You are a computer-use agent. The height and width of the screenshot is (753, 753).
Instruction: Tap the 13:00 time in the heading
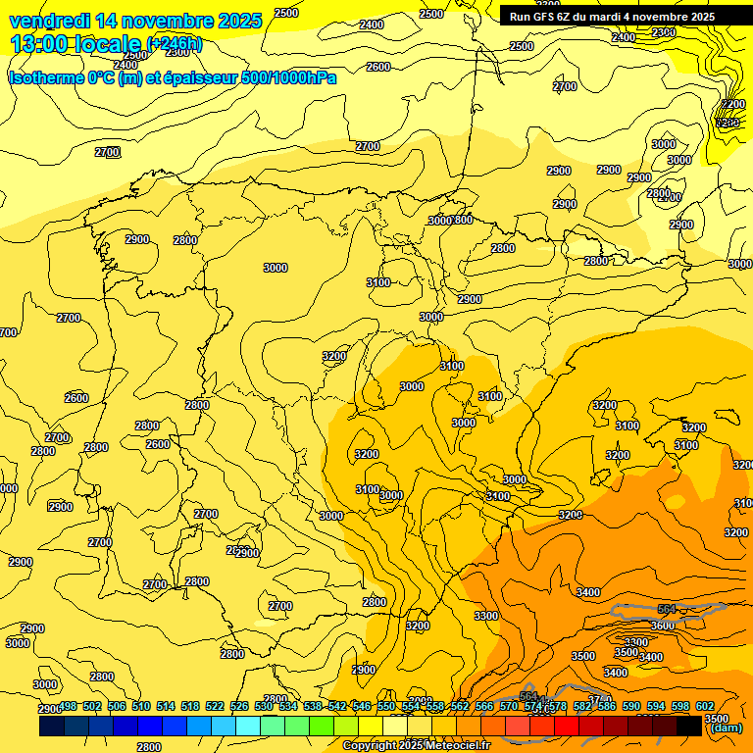[x=37, y=44]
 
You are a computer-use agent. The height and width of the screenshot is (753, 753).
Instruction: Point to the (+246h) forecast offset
[x=175, y=44]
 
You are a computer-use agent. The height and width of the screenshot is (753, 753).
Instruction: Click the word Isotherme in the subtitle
[x=47, y=77]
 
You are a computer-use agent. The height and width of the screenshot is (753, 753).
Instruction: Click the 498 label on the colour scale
[x=68, y=706]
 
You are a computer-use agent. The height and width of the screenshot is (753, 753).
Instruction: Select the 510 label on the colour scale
[x=141, y=706]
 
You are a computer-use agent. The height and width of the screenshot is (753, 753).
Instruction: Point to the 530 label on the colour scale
[x=264, y=706]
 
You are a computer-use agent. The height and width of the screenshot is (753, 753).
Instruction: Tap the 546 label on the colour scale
[x=362, y=706]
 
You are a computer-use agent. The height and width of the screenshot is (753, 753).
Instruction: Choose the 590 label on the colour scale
[x=631, y=706]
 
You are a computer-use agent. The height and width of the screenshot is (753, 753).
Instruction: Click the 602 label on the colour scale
[x=705, y=706]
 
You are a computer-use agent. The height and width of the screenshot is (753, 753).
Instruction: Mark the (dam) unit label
[x=726, y=728]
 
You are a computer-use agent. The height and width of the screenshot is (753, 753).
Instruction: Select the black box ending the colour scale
[x=690, y=726]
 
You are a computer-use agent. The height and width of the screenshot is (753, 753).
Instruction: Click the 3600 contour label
[x=663, y=626]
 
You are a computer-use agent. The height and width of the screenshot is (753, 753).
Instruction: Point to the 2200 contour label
[x=731, y=104]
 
